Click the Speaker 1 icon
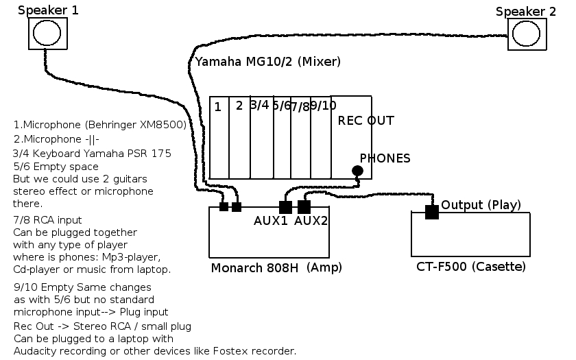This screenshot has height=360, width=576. point(47,34)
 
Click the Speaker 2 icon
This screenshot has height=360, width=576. point(527,34)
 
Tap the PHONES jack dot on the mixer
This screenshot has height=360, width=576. point(357,171)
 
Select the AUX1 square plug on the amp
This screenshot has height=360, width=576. point(286,207)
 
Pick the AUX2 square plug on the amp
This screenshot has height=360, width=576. point(304,207)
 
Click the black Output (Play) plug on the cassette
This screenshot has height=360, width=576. point(431,212)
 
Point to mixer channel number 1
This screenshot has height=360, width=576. point(217,107)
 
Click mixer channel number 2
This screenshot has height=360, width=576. point(239,106)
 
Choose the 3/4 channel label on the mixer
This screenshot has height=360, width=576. point(259,105)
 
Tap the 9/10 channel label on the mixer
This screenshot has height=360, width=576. point(323,106)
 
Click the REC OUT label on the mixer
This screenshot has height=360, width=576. point(365,121)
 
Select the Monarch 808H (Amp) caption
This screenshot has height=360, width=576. point(276,267)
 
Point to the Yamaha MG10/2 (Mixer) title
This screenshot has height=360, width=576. point(267,62)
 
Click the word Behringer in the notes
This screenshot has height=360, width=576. point(111,125)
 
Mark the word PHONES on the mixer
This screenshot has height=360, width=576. point(385,158)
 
